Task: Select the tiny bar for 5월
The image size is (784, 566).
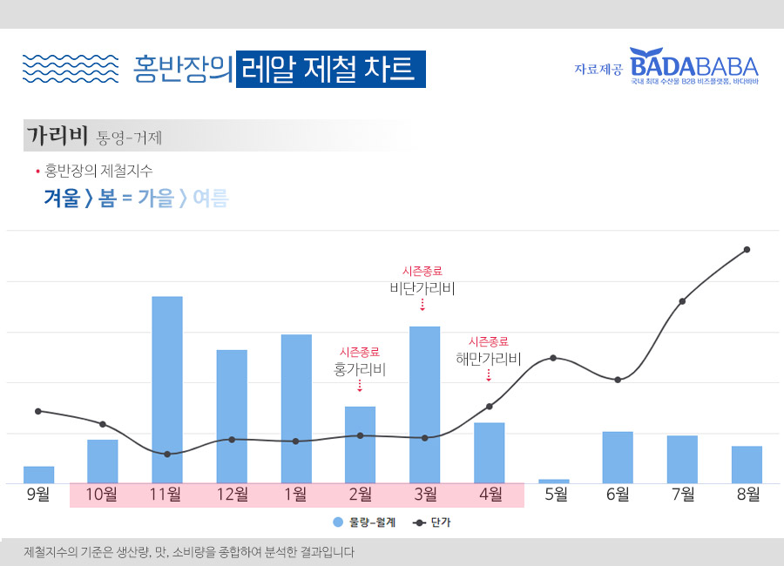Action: click(554, 481)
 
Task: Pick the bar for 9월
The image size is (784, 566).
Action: click(38, 475)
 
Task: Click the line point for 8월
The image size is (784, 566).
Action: click(747, 250)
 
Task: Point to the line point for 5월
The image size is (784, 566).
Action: click(553, 358)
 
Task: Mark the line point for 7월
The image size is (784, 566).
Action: click(682, 301)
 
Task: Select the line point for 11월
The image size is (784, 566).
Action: click(167, 454)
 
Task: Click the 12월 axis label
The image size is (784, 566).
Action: click(232, 495)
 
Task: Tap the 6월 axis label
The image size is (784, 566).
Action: click(618, 495)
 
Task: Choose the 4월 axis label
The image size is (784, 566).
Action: click(490, 495)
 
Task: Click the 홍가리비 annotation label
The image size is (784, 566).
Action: click(360, 370)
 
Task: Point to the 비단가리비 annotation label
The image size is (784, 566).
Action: click(422, 288)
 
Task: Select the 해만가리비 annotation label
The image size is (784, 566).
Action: click(488, 359)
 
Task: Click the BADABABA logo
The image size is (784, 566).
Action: click(694, 64)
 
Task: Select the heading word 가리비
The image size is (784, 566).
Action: click(57, 136)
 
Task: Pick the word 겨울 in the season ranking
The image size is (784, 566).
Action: click(63, 199)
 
